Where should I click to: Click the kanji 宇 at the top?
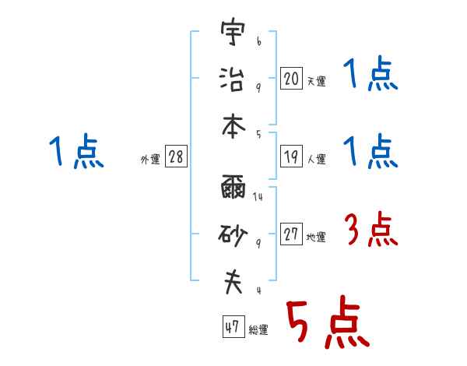233,34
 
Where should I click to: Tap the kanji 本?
233,124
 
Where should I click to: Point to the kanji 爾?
233,189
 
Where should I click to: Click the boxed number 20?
291,79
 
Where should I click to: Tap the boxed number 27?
291,235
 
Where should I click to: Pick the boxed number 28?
176,157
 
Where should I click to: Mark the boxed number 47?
231,327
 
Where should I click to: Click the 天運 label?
316,81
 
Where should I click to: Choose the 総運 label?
258,329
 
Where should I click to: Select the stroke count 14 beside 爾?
258,197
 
